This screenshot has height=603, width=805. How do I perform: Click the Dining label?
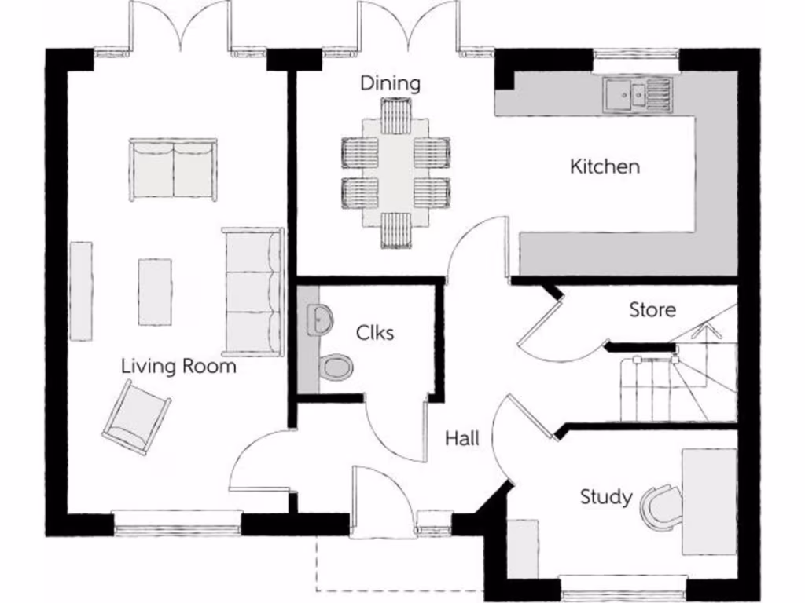click(390, 83)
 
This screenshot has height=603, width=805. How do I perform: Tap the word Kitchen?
click(605, 166)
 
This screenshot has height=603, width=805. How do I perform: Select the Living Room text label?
click(178, 366)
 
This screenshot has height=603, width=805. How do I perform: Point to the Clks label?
click(375, 332)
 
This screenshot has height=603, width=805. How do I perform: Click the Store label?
click(652, 310)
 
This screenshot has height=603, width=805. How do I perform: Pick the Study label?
click(605, 496)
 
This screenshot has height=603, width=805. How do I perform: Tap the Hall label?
click(462, 438)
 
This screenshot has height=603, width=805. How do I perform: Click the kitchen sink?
click(638, 93)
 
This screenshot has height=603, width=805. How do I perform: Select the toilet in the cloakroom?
click(336, 367)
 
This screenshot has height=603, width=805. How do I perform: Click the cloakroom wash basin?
click(320, 320)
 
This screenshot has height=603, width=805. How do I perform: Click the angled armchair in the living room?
click(137, 417)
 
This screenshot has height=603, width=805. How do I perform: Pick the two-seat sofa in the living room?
click(173, 170)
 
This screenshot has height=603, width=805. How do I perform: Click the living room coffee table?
click(155, 291)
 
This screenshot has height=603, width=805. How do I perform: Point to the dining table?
click(395, 173)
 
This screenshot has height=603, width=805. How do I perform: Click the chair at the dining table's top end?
click(396, 116)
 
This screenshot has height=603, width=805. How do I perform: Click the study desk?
click(708, 501)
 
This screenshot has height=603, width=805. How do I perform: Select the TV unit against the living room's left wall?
click(81, 291)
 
